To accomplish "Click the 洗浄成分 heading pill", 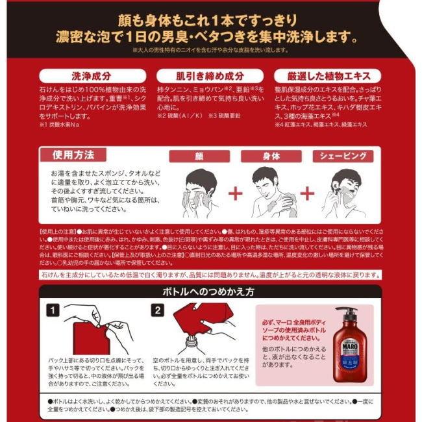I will [81, 75].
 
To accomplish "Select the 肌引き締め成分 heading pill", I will [210, 75].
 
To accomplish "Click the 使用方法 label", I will [73, 155].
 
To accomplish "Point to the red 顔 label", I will [199, 156].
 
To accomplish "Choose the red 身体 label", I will [271, 156].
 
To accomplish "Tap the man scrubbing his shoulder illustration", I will [271, 193].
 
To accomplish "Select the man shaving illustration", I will [343, 193].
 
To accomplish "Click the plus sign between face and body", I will [234, 193].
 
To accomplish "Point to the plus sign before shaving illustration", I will [306, 193].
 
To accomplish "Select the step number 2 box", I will [158, 310].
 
